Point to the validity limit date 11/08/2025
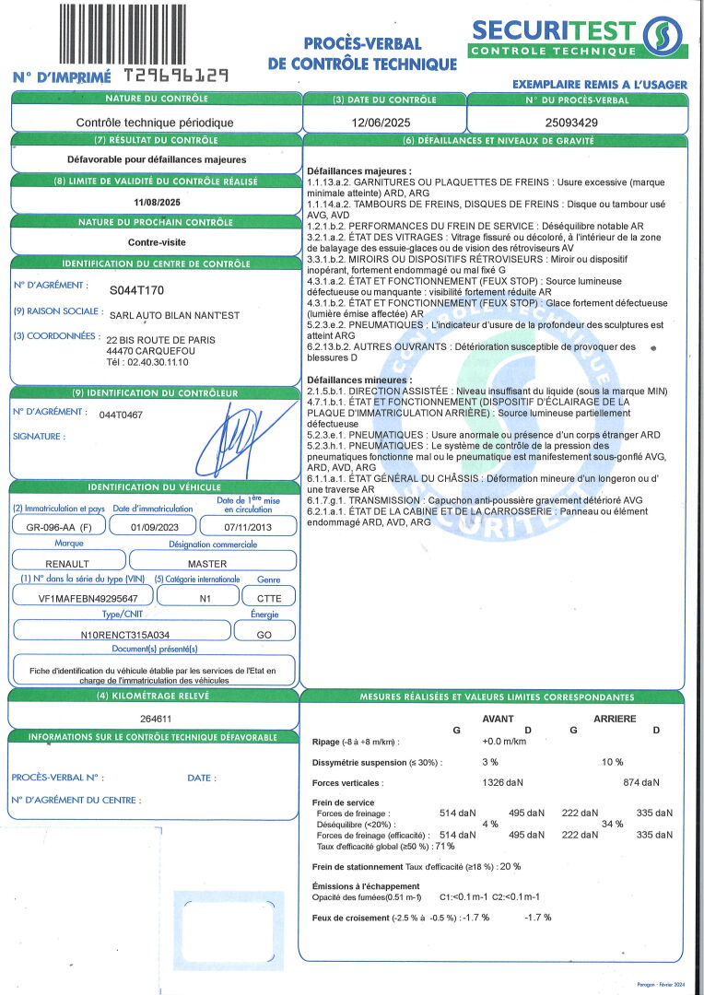click(x=156, y=202)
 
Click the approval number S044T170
click(x=136, y=290)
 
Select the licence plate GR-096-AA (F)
click(x=55, y=527)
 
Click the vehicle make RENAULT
click(x=67, y=563)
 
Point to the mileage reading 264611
click(x=155, y=717)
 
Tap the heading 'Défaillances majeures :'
click(x=359, y=171)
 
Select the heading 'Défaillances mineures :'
click(x=359, y=380)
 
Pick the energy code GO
click(x=264, y=634)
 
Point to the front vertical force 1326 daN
click(x=503, y=782)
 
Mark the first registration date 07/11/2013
click(x=249, y=527)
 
